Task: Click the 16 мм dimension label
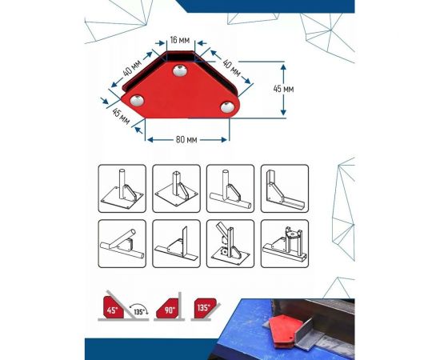179,40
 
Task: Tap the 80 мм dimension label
186,139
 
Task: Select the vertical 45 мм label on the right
283,89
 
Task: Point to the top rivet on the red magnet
180,70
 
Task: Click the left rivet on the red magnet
137,101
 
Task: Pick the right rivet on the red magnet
227,107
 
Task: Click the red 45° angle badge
113,307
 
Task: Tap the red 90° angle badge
167,309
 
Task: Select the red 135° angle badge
205,308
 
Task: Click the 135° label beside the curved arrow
139,312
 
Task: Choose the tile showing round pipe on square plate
122,189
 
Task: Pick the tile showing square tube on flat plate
176,189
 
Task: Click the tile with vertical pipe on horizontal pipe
230,189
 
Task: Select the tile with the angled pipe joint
122,243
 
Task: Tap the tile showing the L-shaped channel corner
285,189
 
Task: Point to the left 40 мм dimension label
132,68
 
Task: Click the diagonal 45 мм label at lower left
121,116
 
